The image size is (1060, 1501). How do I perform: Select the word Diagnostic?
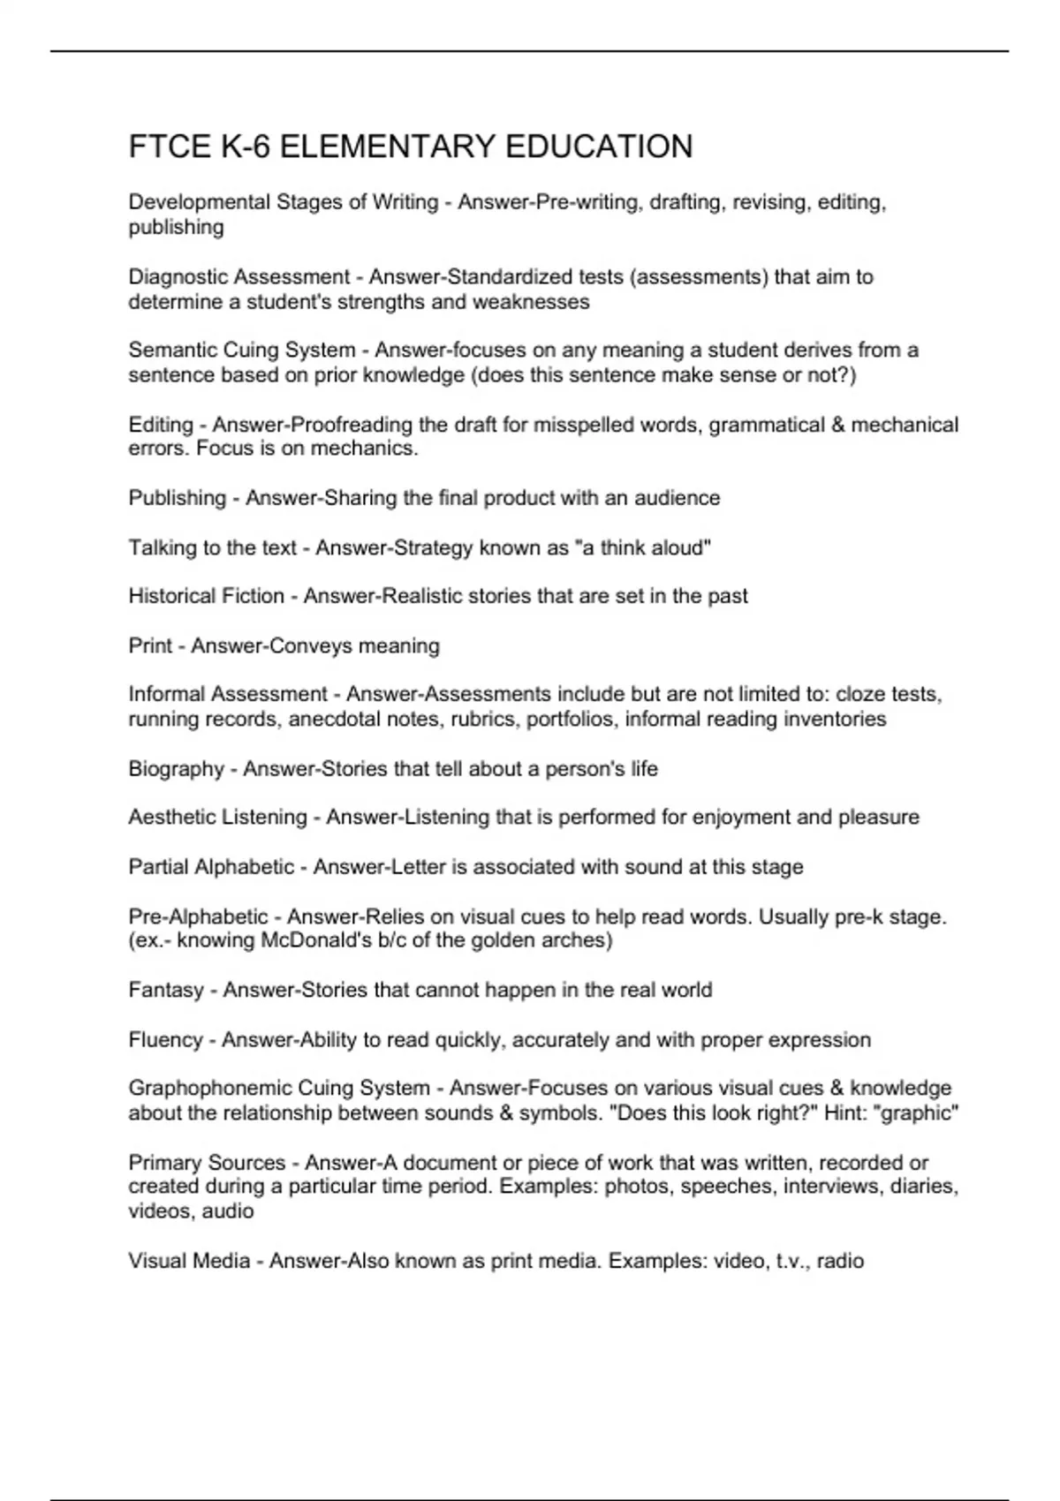pos(177,277)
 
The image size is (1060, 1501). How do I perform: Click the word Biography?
pos(176,769)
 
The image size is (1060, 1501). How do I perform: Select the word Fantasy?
pos(166,991)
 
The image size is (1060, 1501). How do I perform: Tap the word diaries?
pos(923,1187)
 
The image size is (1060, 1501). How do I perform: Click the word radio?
pos(840,1261)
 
